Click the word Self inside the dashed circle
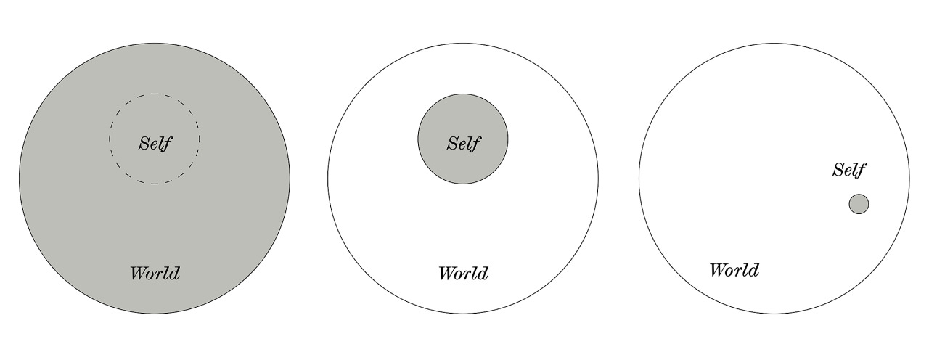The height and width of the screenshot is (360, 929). click(155, 142)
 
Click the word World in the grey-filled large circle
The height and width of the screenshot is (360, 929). click(155, 274)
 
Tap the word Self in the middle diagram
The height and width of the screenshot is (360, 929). click(463, 142)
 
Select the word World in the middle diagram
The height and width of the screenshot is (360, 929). click(463, 274)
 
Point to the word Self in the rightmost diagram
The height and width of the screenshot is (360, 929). click(849, 170)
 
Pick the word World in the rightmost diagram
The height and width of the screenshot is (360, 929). click(734, 271)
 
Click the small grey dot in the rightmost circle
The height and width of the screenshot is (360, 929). click(859, 204)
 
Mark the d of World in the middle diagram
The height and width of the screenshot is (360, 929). click(483, 274)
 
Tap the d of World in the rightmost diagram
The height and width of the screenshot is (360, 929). click(753, 271)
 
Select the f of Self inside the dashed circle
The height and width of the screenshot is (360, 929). click(167, 142)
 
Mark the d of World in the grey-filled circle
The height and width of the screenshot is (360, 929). click(174, 274)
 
